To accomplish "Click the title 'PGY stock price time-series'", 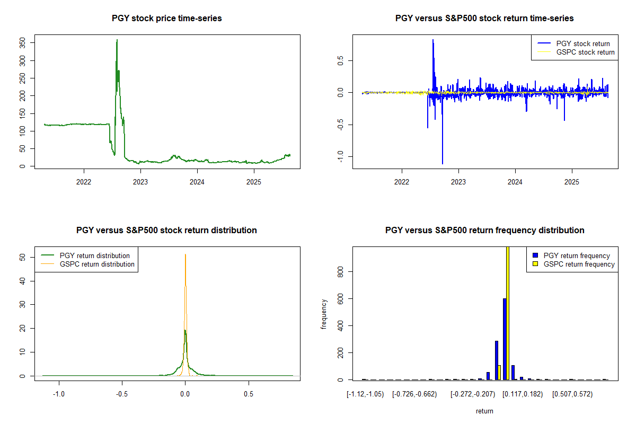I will (x=167, y=19).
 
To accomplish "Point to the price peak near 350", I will (x=117, y=40).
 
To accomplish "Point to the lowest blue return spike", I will (x=443, y=163).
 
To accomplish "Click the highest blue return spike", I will (x=433, y=40).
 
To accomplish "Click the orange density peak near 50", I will (x=185, y=255).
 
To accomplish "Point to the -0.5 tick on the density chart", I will (x=122, y=395).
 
